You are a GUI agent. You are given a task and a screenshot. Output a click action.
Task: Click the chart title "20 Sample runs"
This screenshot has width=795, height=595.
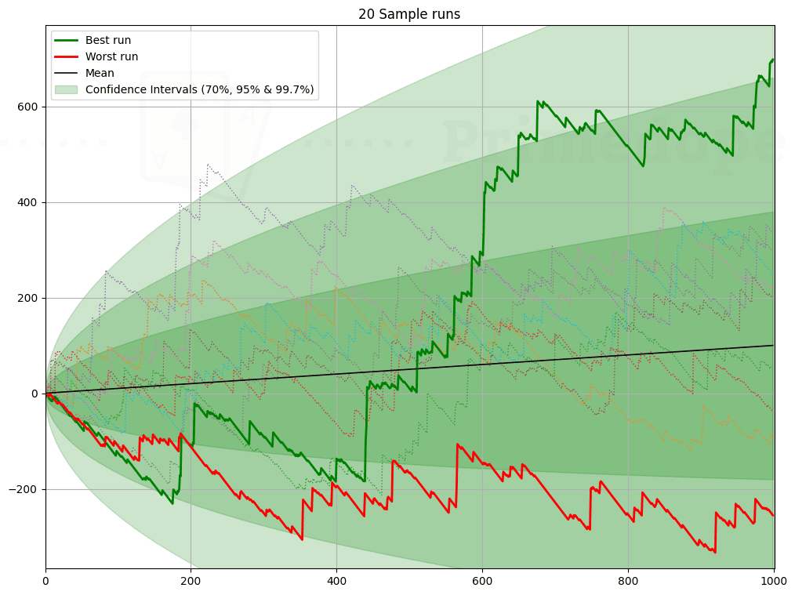pyautogui.click(x=409, y=14)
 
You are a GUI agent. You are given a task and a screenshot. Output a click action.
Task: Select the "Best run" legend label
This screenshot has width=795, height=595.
pyautogui.click(x=108, y=40)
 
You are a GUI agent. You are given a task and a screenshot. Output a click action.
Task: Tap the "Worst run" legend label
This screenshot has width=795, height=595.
pyautogui.click(x=111, y=56)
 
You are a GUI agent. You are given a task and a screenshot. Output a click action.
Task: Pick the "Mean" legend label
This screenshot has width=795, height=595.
pyautogui.click(x=100, y=73)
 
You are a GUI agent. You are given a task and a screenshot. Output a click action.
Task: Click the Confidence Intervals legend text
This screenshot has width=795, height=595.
pyautogui.click(x=200, y=89)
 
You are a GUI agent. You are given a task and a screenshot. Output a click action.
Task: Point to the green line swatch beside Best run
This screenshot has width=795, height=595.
pyautogui.click(x=67, y=40)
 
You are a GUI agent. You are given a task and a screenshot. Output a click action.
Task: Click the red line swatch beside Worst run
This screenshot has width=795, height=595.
pyautogui.click(x=67, y=56)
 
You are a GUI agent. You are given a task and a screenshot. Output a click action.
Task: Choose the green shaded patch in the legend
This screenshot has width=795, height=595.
pyautogui.click(x=67, y=89)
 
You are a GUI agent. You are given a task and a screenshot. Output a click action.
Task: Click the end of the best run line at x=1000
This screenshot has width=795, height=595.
pyautogui.click(x=773, y=59)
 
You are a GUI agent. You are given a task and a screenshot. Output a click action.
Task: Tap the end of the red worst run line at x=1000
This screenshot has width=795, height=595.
pyautogui.click(x=773, y=515)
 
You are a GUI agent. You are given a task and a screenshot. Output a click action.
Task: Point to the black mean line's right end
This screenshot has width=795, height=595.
pyautogui.click(x=773, y=345)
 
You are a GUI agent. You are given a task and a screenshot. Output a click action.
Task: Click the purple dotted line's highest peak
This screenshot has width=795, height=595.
pyautogui.click(x=208, y=165)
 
